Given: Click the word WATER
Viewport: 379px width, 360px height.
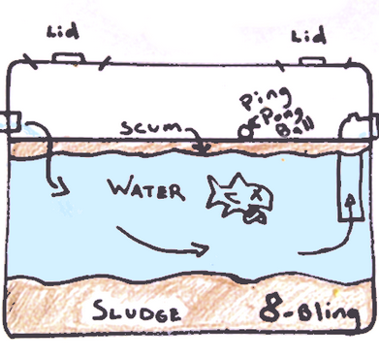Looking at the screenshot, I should [146, 189].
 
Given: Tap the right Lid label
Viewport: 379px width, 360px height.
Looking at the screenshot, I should [308, 38].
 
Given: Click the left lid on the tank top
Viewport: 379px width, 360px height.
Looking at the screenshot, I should [68, 59].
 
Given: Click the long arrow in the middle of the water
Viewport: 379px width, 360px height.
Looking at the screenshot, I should [160, 242].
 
